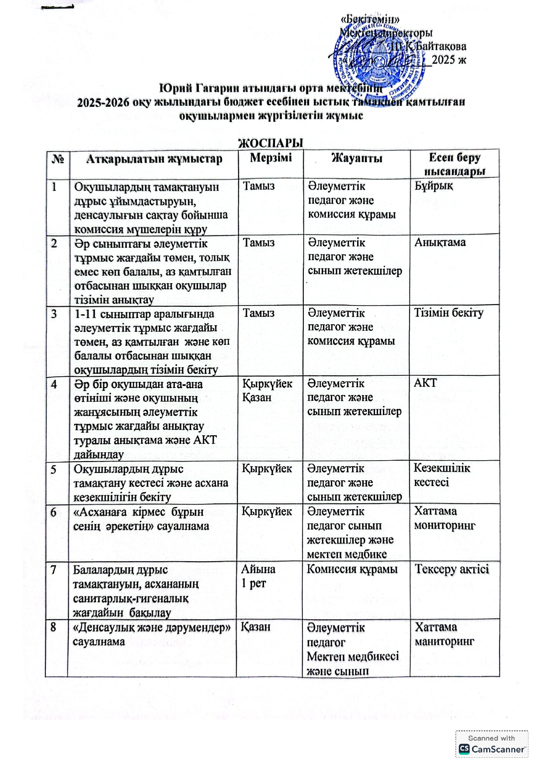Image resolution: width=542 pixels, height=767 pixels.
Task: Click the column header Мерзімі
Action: [271, 158]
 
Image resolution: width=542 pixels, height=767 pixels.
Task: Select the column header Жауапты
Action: [357, 158]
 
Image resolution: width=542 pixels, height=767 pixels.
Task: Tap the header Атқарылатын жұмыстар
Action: [154, 159]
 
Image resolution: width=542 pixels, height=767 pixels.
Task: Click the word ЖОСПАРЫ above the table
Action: [270, 143]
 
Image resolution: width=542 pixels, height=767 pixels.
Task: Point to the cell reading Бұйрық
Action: [434, 186]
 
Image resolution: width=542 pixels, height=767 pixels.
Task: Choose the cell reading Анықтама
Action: [440, 243]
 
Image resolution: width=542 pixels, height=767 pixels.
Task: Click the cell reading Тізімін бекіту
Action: [448, 313]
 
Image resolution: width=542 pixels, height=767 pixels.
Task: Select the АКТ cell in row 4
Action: [425, 383]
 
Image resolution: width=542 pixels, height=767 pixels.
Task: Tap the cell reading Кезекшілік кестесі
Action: [441, 475]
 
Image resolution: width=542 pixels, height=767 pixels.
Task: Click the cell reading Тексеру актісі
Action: [452, 569]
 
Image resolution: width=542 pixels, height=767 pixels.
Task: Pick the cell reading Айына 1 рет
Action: [258, 576]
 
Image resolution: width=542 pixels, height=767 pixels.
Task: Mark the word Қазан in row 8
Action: [256, 627]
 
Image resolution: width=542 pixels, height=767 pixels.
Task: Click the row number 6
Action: [54, 512]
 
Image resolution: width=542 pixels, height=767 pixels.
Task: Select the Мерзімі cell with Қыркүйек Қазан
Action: [267, 390]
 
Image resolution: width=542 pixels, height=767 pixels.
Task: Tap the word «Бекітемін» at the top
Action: [370, 20]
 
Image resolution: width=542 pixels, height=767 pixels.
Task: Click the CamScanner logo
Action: [491, 749]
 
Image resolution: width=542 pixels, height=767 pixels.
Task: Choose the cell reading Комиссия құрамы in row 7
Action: [352, 569]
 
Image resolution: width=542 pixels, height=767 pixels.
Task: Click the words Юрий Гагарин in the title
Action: [190, 88]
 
